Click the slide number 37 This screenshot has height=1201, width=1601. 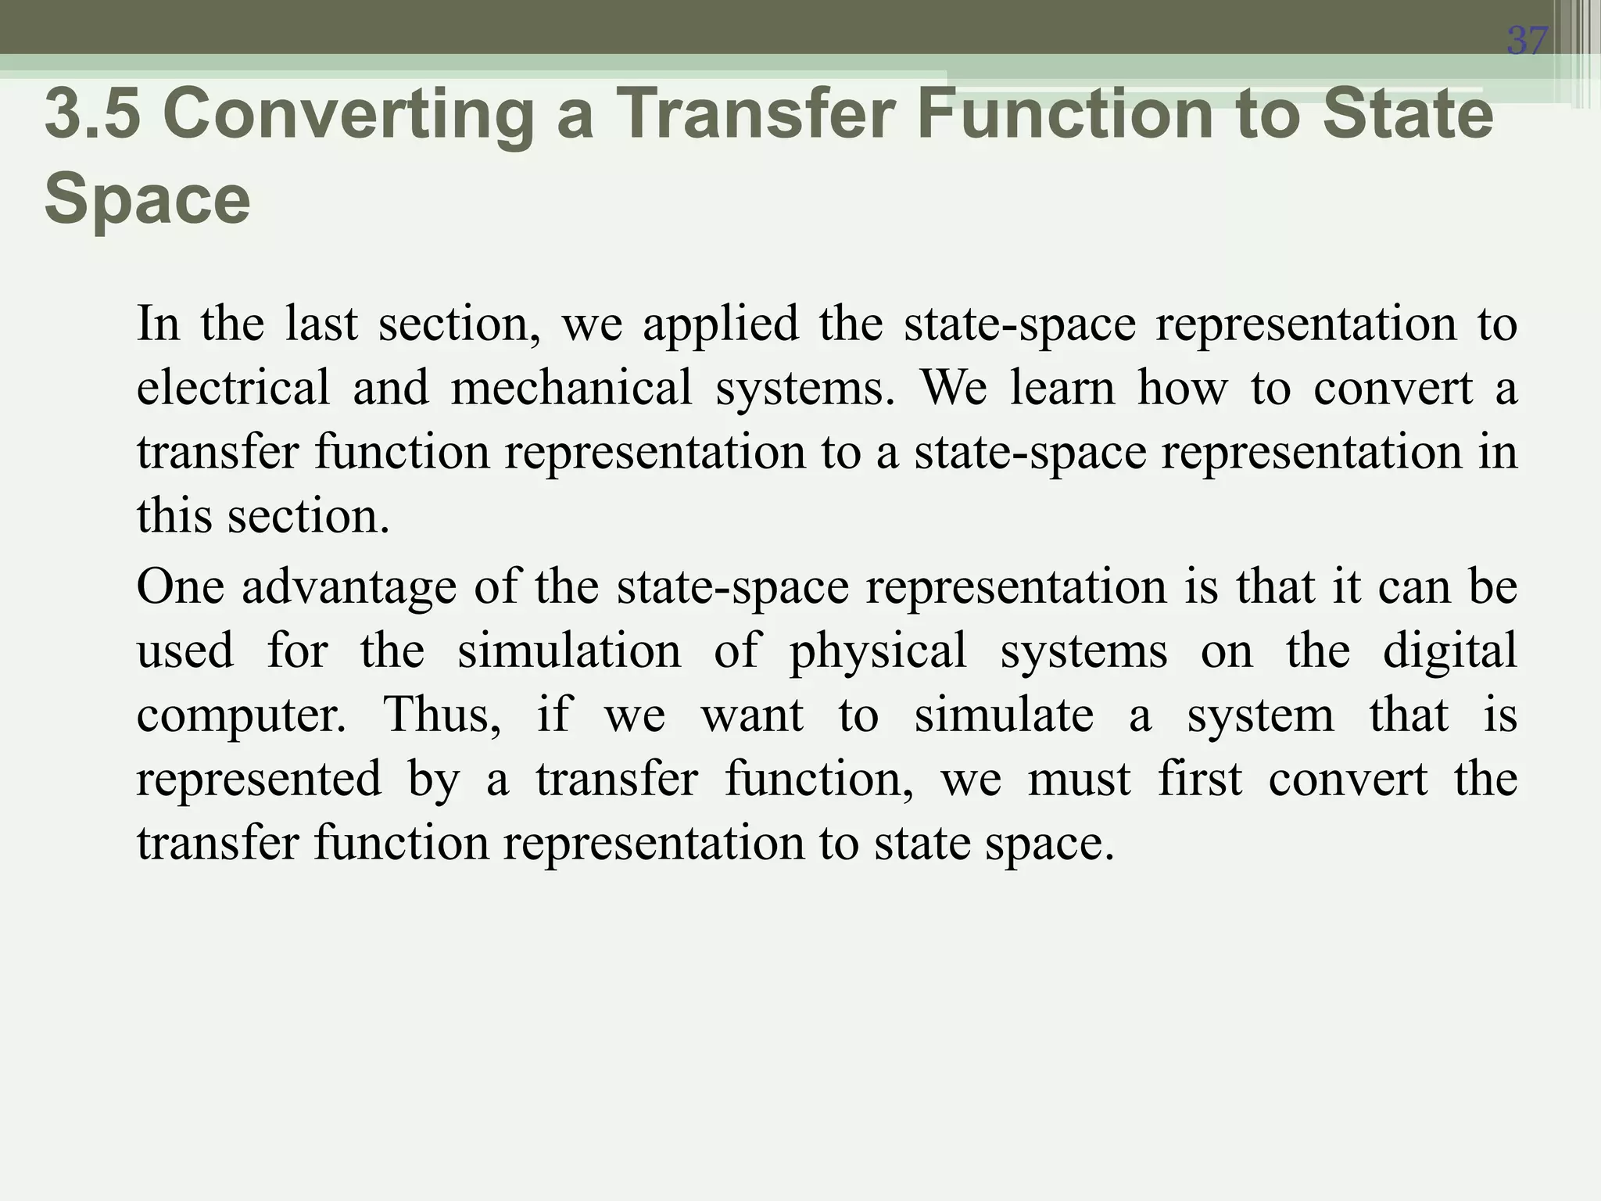(1527, 40)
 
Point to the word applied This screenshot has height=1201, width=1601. (721, 324)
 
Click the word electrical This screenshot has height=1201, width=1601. (233, 388)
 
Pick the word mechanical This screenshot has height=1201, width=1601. (571, 388)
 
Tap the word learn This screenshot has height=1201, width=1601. (1062, 388)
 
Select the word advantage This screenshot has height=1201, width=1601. (348, 587)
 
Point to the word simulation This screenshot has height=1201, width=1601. (568, 651)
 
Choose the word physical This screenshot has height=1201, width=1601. (877, 652)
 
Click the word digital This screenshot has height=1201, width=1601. (1449, 651)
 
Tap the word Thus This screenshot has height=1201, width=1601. (442, 715)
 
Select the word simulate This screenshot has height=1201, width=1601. (1003, 715)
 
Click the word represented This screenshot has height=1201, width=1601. (259, 780)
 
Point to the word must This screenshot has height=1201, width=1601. (1078, 780)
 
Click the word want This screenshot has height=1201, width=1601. (751, 715)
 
